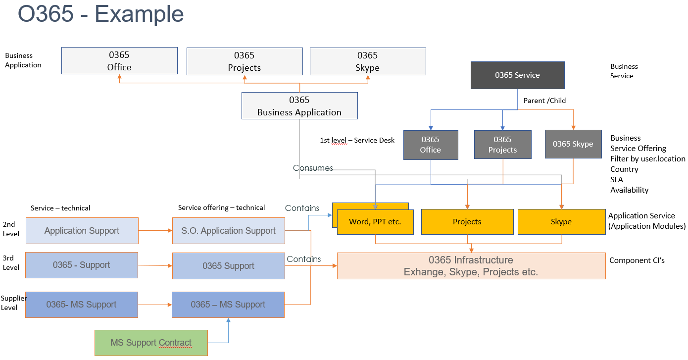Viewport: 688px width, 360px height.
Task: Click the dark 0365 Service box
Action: click(517, 75)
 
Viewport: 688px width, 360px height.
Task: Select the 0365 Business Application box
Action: click(299, 106)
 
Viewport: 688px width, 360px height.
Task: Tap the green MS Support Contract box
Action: click(151, 343)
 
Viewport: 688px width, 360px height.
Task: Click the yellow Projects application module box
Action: click(467, 222)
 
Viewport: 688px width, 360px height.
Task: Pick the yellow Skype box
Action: click(561, 222)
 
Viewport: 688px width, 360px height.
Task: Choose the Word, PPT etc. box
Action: click(375, 222)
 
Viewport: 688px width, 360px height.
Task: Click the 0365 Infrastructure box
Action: click(471, 266)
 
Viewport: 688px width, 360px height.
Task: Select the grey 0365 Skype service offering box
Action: click(573, 144)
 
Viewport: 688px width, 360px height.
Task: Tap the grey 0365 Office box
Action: click(430, 145)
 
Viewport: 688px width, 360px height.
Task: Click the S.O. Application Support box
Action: click(228, 231)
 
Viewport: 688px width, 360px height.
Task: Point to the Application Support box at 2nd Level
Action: click(82, 231)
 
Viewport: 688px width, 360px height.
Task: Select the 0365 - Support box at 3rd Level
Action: click(82, 265)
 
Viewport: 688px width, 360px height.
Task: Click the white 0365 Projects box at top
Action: click(244, 61)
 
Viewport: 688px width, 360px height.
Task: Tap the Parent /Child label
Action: click(544, 101)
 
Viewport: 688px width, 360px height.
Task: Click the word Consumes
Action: click(313, 168)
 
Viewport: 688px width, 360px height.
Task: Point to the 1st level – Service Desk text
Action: click(357, 140)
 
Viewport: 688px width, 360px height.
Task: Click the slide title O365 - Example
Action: click(101, 14)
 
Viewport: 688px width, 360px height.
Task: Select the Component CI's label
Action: click(637, 260)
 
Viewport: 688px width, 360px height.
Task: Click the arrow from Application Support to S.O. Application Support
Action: click(155, 231)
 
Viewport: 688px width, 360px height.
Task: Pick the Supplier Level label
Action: click(13, 303)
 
